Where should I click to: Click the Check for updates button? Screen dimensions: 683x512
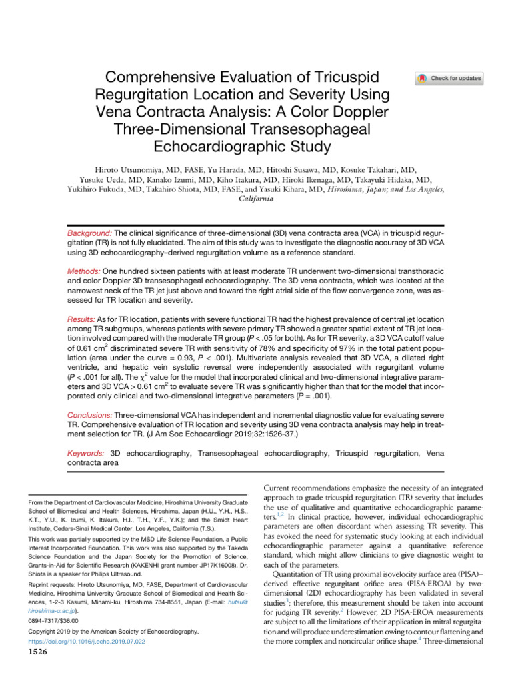click(449, 79)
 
